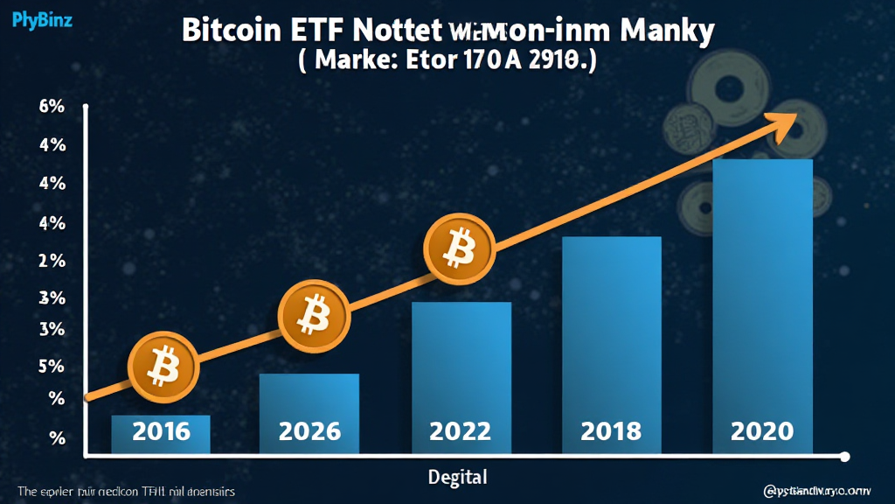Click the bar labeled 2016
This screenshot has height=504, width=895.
point(161,434)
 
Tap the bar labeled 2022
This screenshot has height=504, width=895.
point(461,377)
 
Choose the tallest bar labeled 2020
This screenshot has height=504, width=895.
point(763,306)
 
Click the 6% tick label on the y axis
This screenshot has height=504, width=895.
point(28,108)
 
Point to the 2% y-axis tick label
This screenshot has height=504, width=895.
point(28,261)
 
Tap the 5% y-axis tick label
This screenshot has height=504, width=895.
point(28,367)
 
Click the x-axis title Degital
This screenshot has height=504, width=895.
point(457,477)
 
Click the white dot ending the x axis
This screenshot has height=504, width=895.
point(844,456)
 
